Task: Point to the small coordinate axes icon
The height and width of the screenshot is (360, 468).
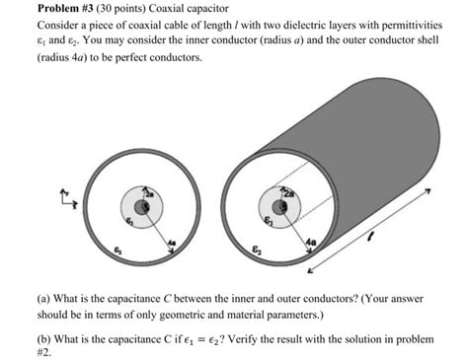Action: tap(68, 200)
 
